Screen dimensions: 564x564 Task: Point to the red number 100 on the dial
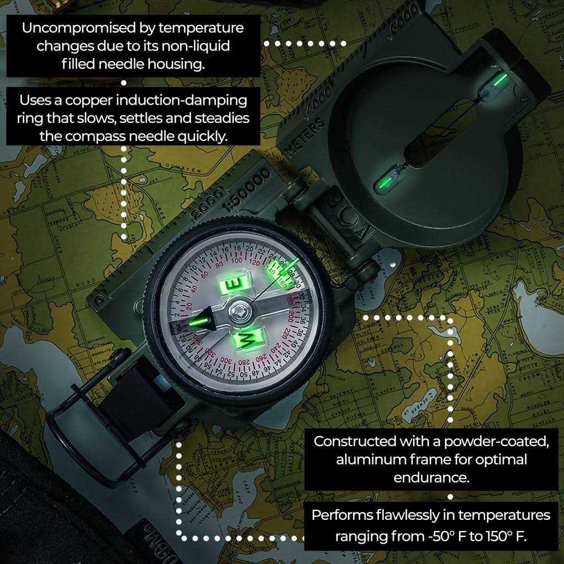(238, 260)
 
